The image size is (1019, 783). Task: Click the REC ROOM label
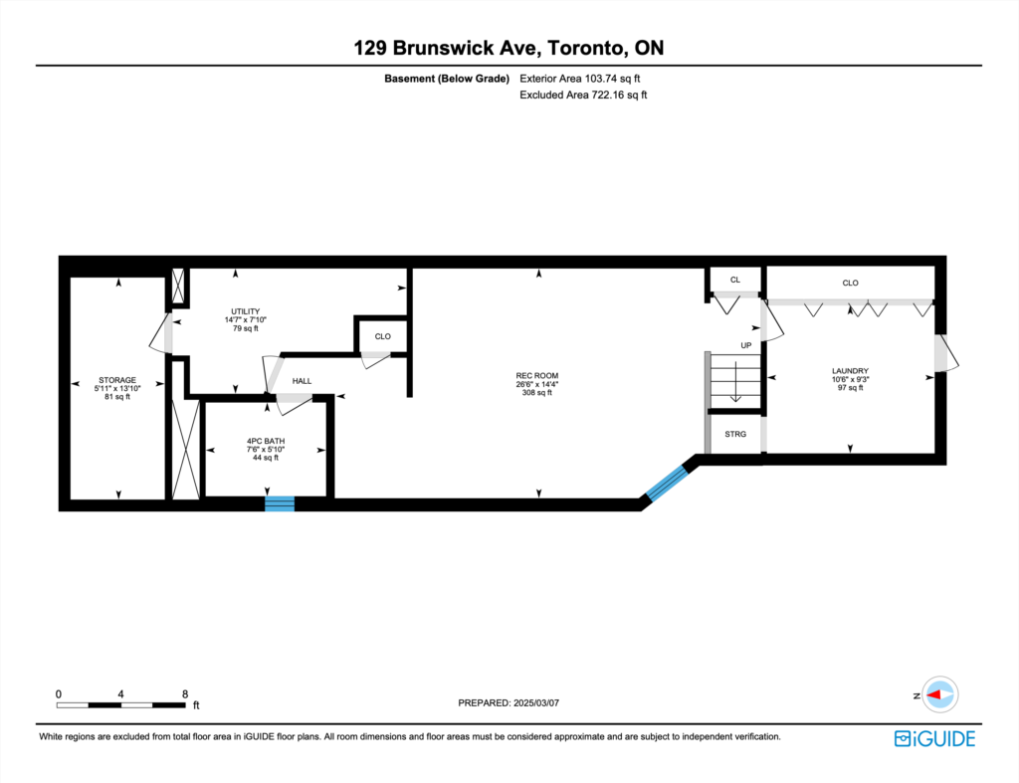point(536,375)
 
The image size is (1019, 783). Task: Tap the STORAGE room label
point(117,380)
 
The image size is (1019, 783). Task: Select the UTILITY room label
point(246,311)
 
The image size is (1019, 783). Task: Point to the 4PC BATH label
point(266,441)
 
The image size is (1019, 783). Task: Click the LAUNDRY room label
point(850,371)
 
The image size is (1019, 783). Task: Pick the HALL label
point(302,381)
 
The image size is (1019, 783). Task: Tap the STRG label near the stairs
point(735,434)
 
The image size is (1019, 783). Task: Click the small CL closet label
point(735,280)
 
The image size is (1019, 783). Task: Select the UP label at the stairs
point(746,345)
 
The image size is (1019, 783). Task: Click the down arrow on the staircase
point(735,382)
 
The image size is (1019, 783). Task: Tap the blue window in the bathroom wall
point(280,503)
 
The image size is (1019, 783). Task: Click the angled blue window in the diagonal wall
point(667,484)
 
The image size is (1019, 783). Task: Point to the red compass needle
point(933,694)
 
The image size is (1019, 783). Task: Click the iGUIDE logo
point(934,739)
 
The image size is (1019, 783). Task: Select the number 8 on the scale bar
point(185,694)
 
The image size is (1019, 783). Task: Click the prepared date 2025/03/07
point(536,703)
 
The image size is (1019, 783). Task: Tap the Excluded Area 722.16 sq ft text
point(583,95)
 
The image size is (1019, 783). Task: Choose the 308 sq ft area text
point(536,392)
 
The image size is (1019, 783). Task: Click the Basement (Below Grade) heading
point(447,79)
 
